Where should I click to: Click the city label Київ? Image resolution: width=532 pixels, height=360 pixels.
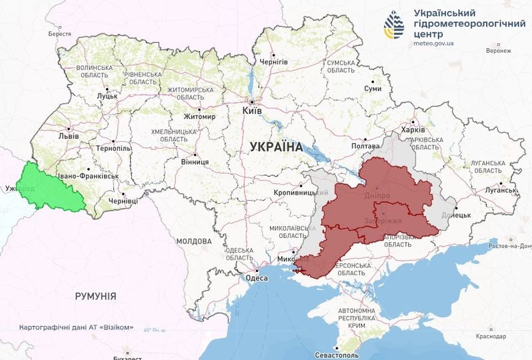pos(255,111)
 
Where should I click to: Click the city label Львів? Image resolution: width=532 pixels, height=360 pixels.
pos(69,136)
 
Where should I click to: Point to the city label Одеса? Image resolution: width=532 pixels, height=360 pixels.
pos(257,278)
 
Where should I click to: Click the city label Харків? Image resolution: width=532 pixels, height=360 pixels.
pos(413,130)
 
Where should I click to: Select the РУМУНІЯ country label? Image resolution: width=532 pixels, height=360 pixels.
pos(95,295)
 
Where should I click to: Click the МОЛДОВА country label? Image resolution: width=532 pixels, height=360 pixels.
pos(194,241)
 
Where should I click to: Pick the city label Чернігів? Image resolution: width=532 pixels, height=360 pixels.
pos(273,61)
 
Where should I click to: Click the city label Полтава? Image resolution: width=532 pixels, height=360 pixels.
pos(365,146)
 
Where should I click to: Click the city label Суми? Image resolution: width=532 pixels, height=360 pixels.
pos(373,89)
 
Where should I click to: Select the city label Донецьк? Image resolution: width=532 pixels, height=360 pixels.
pos(456,215)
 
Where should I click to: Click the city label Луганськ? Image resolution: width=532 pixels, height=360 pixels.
pos(501,190)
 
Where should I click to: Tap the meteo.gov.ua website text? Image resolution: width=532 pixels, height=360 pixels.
pos(433,43)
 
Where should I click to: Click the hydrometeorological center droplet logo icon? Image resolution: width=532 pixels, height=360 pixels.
pos(394,25)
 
